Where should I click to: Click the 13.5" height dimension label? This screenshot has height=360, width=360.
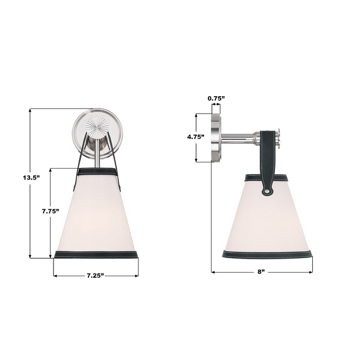tap(31, 177)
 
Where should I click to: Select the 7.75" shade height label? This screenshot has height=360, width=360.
tap(51, 211)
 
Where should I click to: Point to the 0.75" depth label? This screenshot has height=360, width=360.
tap(215, 98)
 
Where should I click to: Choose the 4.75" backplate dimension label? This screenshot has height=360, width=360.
tap(196, 137)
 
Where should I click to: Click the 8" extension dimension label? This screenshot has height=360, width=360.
tap(261, 272)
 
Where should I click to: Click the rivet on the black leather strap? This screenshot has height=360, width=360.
tap(267, 191)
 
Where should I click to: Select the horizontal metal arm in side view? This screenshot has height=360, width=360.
tap(239, 138)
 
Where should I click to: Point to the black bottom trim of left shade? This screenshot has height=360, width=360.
tap(96, 254)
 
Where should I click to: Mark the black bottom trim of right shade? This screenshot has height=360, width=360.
tap(267, 254)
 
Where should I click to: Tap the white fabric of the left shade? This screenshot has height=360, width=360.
tap(96, 216)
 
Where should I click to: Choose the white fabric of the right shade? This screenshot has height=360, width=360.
tap(267, 219)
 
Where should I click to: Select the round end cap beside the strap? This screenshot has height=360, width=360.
tap(278, 138)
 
